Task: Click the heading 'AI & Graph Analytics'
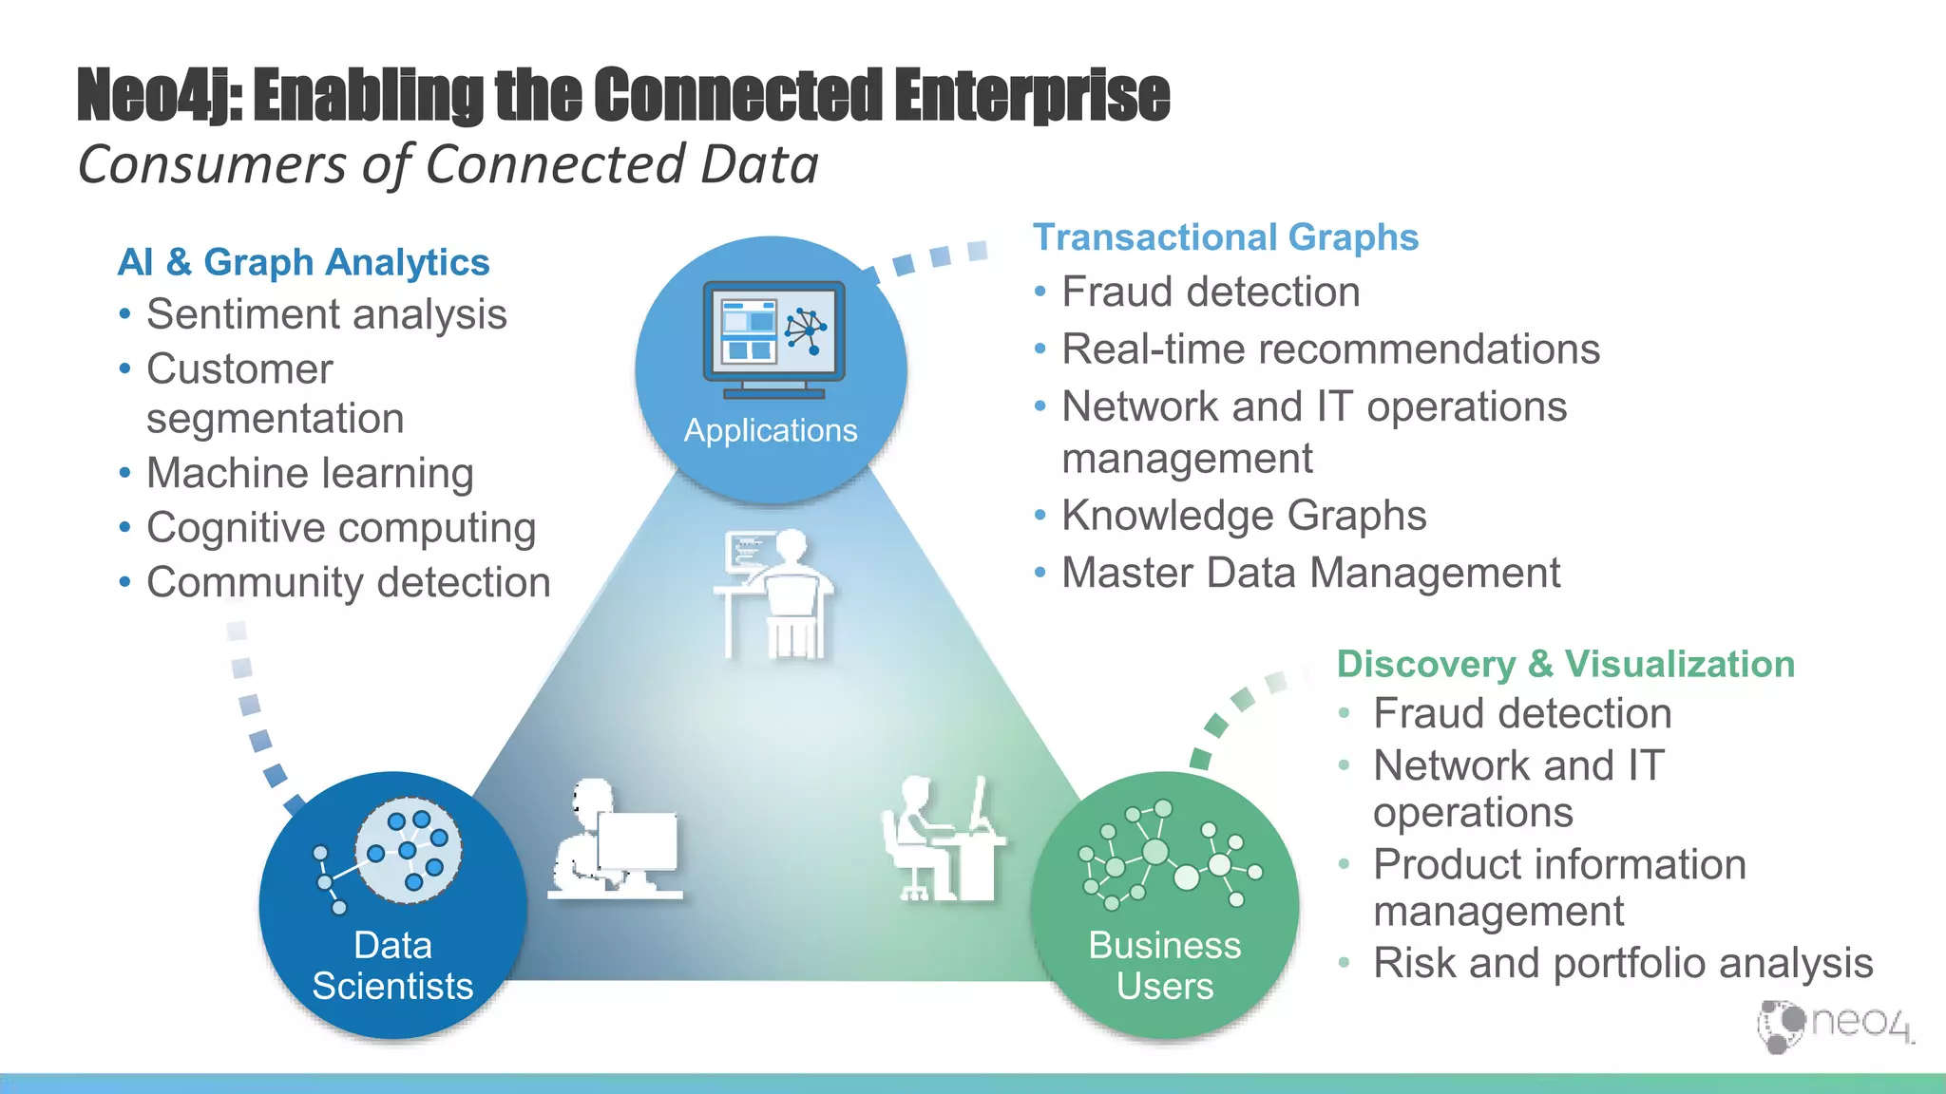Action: (x=303, y=262)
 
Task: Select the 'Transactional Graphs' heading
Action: (x=1225, y=237)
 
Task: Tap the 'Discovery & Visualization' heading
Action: (x=1565, y=664)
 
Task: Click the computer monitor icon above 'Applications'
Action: (x=773, y=340)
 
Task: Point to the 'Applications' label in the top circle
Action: (x=771, y=430)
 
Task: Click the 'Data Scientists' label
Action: (x=392, y=966)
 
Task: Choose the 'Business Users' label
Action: (x=1164, y=966)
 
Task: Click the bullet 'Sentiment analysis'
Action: (x=326, y=314)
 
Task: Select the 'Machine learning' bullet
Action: (x=310, y=473)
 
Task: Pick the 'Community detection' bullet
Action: (x=348, y=582)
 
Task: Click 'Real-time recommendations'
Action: (x=1330, y=349)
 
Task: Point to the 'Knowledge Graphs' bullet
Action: (x=1244, y=516)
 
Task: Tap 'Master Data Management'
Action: (x=1310, y=573)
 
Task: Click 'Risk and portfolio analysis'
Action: (x=1623, y=963)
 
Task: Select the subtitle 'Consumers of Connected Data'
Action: (x=448, y=164)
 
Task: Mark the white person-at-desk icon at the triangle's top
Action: (x=773, y=594)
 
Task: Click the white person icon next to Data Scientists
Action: (x=616, y=839)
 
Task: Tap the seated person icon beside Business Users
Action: (x=941, y=839)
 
